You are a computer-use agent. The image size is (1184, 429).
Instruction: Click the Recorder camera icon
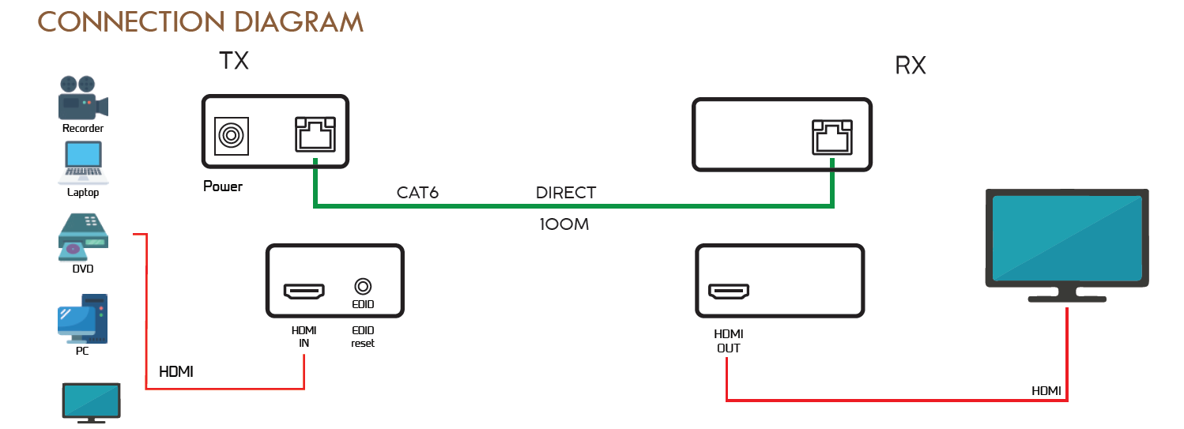pos(82,97)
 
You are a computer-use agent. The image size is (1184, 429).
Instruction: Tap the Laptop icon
pos(83,161)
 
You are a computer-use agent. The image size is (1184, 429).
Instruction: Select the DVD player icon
pos(83,236)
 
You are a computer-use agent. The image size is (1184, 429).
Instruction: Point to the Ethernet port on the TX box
pos(315,134)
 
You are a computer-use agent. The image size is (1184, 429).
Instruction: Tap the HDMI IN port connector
pos(304,292)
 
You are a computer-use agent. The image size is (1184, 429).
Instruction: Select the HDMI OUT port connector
pos(728,292)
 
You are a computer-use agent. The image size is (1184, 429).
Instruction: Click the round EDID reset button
pos(363,287)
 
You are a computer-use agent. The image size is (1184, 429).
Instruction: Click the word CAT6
pos(417,193)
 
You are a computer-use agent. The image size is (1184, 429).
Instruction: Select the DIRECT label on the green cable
pos(566,193)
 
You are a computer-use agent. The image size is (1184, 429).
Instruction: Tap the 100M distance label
pos(564,224)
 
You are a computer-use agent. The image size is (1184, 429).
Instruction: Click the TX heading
pos(235,61)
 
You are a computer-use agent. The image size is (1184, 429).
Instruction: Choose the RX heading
pos(910,66)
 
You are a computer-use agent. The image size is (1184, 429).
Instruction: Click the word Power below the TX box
pos(223,186)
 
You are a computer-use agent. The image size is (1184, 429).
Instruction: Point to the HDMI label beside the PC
pos(176,371)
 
